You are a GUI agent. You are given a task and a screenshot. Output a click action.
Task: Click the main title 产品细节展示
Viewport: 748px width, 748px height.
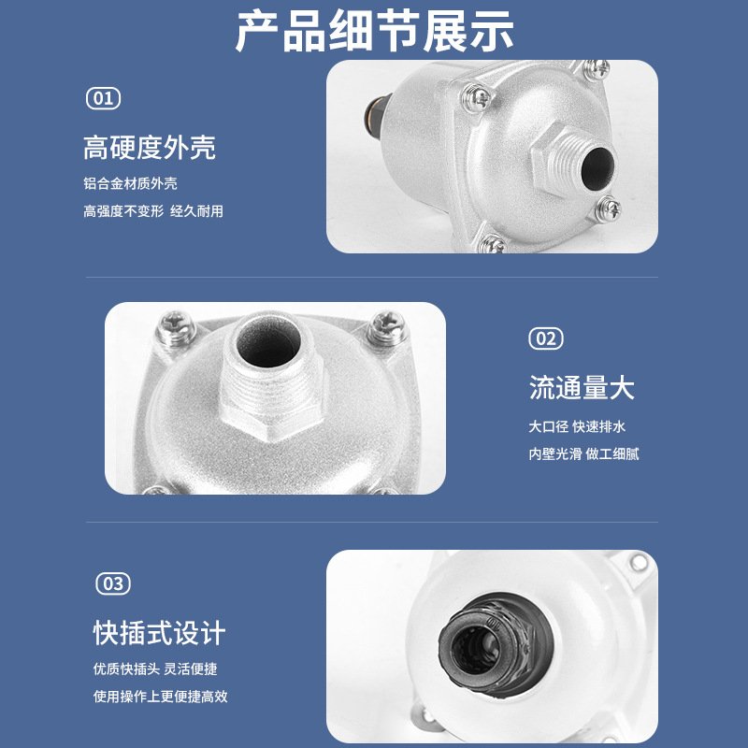click(x=374, y=33)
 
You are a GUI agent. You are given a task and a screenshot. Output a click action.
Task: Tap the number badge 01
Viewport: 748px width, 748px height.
click(x=103, y=97)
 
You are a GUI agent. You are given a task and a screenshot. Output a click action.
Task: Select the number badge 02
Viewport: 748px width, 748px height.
click(x=546, y=338)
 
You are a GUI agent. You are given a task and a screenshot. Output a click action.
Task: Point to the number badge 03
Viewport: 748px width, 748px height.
click(x=112, y=583)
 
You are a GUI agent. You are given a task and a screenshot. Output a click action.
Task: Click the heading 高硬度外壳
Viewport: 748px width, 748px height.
click(x=150, y=147)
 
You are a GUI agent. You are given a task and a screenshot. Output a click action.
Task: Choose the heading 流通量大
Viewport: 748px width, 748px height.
click(x=582, y=387)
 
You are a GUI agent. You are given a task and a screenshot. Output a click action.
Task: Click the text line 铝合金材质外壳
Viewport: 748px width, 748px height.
click(x=130, y=183)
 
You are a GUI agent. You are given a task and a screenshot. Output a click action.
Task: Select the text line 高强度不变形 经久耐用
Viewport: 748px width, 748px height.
click(x=153, y=211)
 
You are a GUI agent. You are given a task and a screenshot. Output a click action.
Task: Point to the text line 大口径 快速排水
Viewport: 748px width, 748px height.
click(x=576, y=426)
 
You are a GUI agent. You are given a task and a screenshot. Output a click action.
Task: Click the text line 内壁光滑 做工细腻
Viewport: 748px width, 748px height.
click(x=583, y=454)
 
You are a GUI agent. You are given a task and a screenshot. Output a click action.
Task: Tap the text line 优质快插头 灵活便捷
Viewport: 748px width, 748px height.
click(x=155, y=669)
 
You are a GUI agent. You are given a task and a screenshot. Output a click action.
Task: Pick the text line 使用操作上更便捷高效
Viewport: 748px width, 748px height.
click(x=160, y=697)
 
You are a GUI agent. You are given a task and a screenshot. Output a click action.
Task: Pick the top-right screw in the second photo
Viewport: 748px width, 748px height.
click(x=385, y=324)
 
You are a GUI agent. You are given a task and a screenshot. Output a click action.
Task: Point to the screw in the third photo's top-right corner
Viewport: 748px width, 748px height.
click(x=639, y=563)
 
